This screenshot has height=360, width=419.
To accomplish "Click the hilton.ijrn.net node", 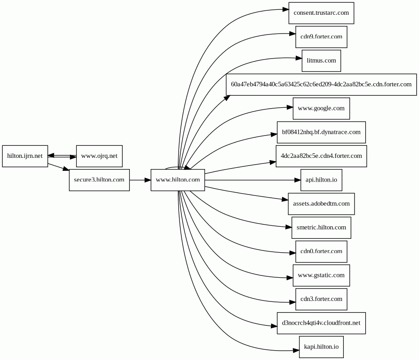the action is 25,156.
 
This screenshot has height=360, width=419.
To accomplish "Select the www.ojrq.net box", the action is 99,156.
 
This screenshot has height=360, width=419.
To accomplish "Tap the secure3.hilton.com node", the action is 99,180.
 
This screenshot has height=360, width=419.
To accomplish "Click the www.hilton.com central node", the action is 178,180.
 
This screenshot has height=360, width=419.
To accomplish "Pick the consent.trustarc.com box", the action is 321,13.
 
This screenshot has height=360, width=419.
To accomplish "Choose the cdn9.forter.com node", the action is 321,37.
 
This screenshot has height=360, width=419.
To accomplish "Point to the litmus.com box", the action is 321,61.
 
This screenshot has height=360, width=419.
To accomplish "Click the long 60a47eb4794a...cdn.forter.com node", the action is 321,85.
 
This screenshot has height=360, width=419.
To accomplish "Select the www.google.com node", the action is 321,108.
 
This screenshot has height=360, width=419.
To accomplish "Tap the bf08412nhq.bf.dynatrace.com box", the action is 321,132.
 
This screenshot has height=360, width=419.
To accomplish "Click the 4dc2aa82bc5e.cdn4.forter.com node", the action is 321,156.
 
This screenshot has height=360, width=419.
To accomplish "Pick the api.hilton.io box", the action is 321,180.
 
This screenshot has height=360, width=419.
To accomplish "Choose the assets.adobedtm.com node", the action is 321,204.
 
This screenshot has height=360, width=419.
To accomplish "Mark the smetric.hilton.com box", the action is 321,228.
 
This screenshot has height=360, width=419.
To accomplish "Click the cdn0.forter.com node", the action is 321,251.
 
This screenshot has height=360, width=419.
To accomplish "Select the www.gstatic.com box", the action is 321,275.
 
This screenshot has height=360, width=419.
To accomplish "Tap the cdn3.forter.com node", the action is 321,299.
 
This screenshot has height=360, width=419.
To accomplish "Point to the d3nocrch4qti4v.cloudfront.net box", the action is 321,323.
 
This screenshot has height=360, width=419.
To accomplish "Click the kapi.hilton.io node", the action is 321,347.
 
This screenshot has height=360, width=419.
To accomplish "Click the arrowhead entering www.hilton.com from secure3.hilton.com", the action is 148,180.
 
